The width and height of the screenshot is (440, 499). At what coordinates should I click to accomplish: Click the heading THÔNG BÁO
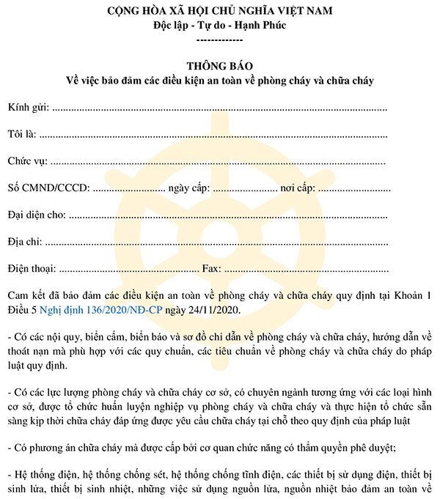[x=219, y=66]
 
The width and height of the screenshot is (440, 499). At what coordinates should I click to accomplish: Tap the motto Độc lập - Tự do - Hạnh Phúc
[x=220, y=25]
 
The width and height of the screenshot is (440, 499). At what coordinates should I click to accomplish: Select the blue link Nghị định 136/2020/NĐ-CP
[x=101, y=310]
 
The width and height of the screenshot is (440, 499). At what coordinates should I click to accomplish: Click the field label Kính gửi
[x=28, y=108]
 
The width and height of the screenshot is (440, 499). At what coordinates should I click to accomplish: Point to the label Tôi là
[x=21, y=134]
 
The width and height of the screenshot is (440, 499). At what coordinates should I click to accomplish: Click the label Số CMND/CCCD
[x=48, y=188]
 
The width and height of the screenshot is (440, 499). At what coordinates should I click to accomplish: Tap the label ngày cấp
[x=189, y=188]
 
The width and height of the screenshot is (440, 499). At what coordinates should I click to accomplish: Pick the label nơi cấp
[x=297, y=188]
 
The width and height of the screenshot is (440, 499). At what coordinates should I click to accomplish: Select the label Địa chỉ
[x=25, y=241]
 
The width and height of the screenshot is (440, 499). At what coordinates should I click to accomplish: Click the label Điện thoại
[x=31, y=268]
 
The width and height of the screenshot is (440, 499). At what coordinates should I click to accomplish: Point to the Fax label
[x=211, y=268]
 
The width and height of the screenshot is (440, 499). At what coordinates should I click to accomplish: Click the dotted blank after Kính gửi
[x=220, y=108]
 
